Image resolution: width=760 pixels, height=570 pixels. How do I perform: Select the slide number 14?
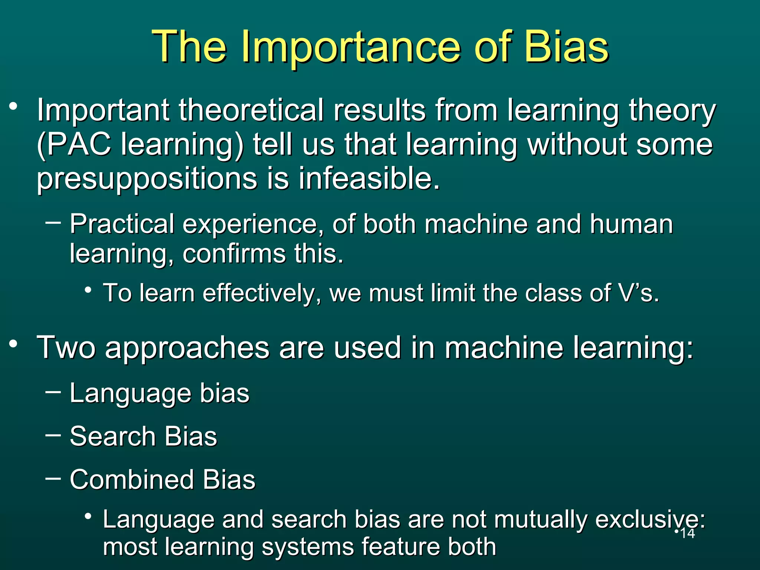[x=687, y=534]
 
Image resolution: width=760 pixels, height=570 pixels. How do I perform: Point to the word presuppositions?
[x=147, y=179]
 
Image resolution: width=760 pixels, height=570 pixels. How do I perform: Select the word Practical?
[x=122, y=224]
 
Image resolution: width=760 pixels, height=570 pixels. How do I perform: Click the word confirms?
[x=234, y=254]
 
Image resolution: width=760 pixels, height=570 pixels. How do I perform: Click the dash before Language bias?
[x=53, y=392]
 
